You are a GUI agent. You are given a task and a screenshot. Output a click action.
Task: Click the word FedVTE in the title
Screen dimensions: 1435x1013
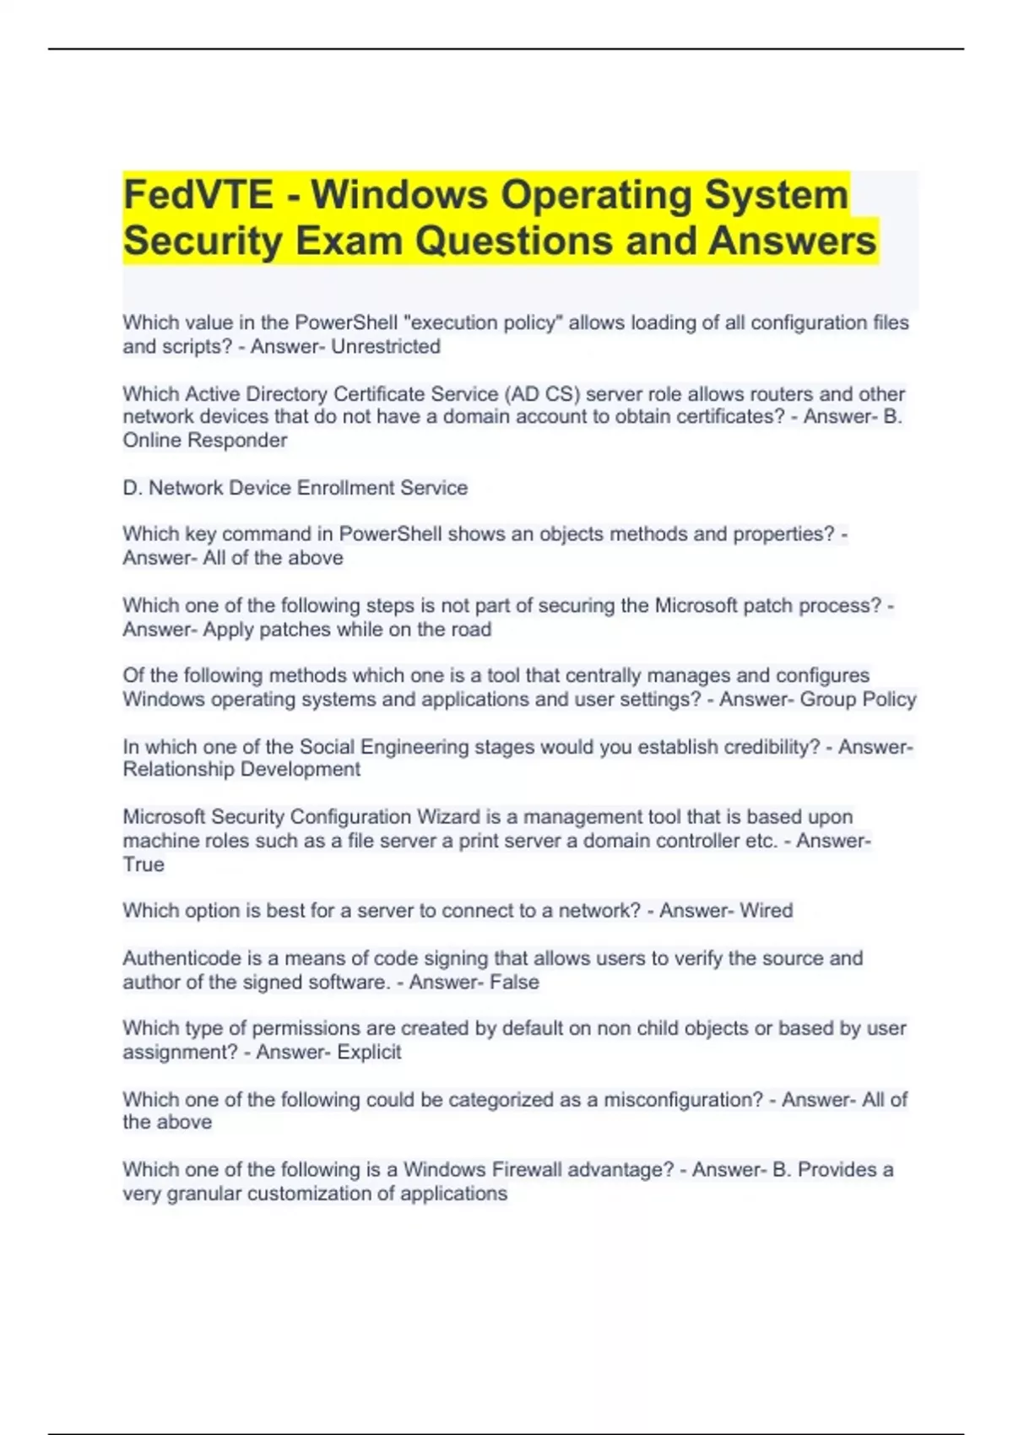198,195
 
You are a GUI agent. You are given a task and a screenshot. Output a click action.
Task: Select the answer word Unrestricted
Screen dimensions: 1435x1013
386,347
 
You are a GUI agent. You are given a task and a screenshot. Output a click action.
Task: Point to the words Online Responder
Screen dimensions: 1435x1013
205,441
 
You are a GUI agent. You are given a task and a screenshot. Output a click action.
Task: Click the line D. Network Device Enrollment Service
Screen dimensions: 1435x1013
295,488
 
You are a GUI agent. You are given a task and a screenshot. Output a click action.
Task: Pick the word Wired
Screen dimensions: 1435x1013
767,911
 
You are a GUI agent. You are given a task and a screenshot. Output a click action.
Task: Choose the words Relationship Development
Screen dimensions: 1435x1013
241,770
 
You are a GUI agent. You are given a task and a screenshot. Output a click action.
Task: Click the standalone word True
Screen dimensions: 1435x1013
144,865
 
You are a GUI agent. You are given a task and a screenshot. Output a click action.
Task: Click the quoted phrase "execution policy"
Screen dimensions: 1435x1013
484,323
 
